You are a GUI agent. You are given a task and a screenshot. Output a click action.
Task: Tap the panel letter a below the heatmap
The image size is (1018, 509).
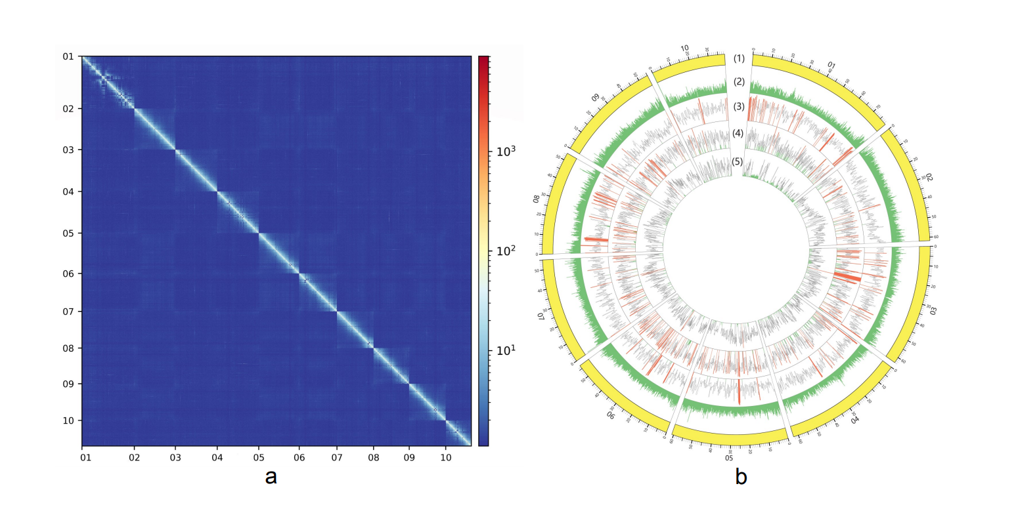(x=271, y=477)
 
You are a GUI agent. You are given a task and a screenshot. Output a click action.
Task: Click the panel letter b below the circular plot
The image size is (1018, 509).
(x=740, y=477)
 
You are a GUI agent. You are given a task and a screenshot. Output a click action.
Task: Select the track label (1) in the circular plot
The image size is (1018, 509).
(x=739, y=59)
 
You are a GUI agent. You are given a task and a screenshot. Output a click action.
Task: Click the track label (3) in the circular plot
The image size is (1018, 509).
(x=739, y=106)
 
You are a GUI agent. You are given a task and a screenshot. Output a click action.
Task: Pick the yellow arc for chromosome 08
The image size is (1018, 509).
(x=562, y=203)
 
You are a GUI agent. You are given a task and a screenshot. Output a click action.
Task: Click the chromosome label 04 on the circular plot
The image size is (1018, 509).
(x=854, y=419)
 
